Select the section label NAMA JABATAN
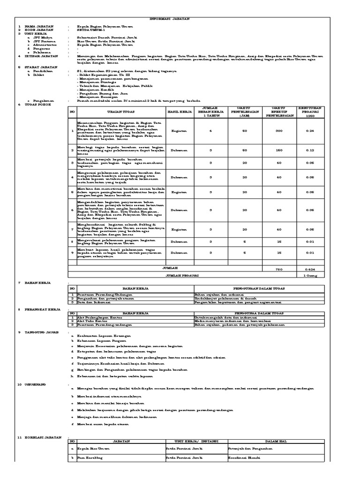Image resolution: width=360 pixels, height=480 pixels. [x=36, y=27]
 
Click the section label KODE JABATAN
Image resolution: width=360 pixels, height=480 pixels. [x=36, y=30]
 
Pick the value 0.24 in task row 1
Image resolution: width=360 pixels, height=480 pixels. [x=323, y=131]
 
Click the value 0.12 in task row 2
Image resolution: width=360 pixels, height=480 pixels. [x=323, y=150]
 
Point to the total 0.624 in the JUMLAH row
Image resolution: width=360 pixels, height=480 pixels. [x=323, y=270]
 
